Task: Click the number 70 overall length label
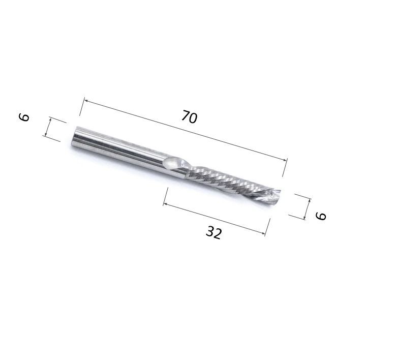coord(190,117)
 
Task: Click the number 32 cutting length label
coord(213,232)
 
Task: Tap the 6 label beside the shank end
coord(24,117)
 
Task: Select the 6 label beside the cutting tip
coord(321,216)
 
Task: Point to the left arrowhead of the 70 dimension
coord(86,101)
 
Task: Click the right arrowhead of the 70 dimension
coord(285,160)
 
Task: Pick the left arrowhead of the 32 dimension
coord(166,203)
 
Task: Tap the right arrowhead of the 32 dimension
coord(263,232)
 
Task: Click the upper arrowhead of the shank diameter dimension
coord(50,120)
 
